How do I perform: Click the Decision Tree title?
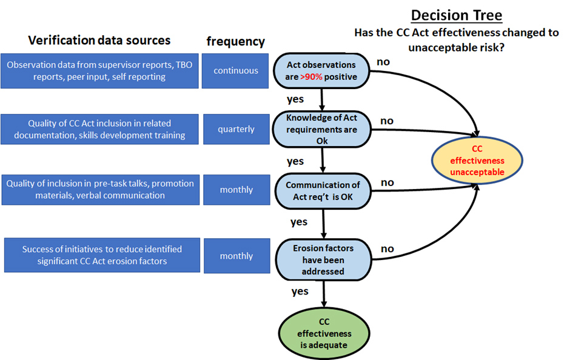pyautogui.click(x=457, y=15)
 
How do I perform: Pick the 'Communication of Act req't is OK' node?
pyautogui.click(x=323, y=190)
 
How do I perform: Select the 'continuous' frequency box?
pyautogui.click(x=236, y=71)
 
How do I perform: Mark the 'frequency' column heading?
pyautogui.click(x=235, y=41)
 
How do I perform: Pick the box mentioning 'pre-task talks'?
pyautogui.click(x=101, y=189)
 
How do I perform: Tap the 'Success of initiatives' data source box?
pyautogui.click(x=102, y=255)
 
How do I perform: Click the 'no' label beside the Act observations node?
pyautogui.click(x=383, y=61)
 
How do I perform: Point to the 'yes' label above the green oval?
pyautogui.click(x=300, y=291)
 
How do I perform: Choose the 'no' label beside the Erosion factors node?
pyautogui.click(x=387, y=248)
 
